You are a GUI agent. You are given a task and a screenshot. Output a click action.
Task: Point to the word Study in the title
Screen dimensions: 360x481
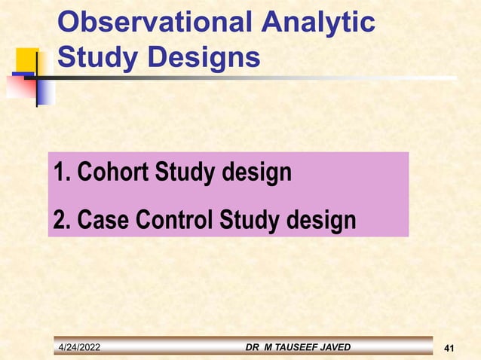pyautogui.click(x=94, y=57)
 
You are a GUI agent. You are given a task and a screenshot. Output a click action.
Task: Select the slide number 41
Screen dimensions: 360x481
pyautogui.click(x=451, y=347)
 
